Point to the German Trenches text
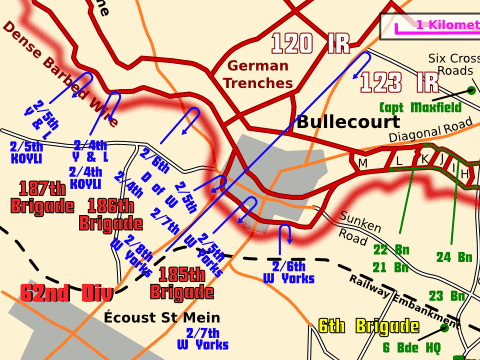[257, 74]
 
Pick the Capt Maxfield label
[420, 106]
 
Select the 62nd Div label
[61, 294]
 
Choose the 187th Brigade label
[42, 196]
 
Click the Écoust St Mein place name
[155, 318]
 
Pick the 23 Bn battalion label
[449, 295]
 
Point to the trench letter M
[362, 162]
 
